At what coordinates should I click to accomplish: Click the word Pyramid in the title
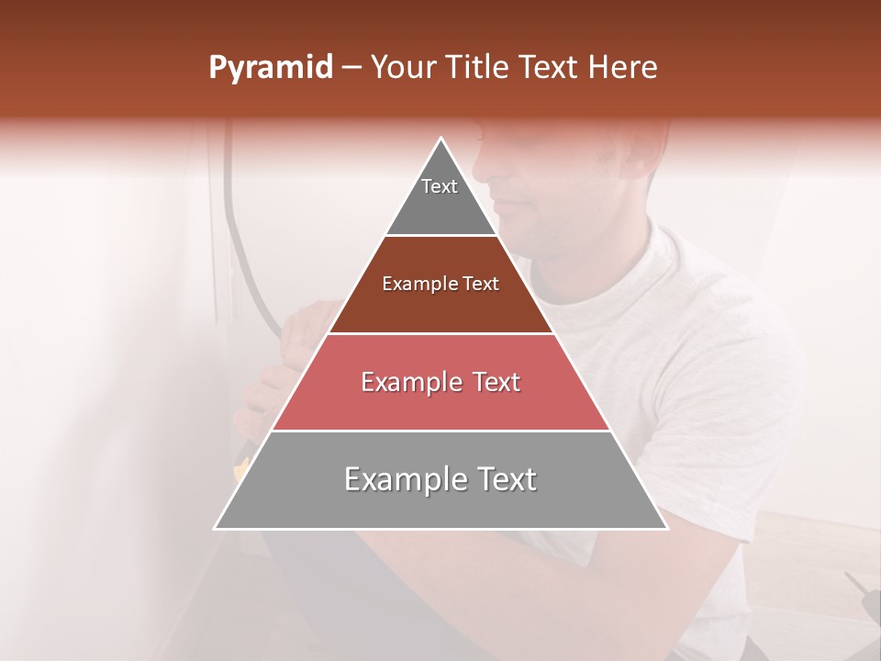point(270,69)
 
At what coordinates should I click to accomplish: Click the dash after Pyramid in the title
point(351,69)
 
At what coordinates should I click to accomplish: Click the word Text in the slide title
point(552,68)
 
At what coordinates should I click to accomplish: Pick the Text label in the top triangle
point(440,186)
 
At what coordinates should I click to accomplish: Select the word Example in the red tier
point(409,382)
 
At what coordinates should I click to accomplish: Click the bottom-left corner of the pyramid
point(215,529)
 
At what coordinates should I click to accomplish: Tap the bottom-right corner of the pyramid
point(667,529)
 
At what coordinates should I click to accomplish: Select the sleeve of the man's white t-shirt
point(734,386)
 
